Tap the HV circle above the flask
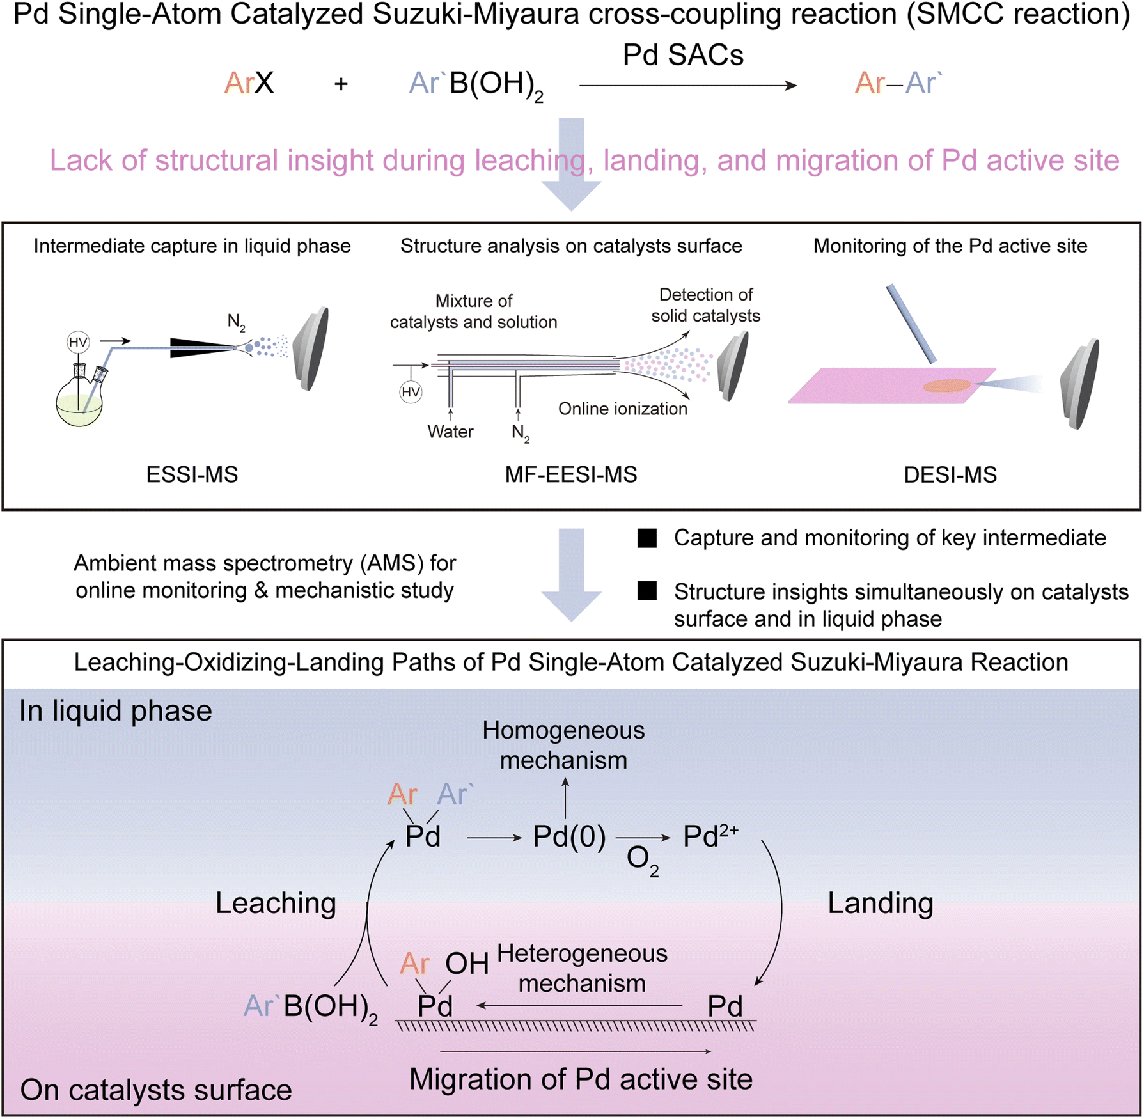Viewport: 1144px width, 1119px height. click(78, 342)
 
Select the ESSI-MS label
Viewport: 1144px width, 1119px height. click(192, 474)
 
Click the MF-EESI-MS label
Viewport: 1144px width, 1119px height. click(571, 474)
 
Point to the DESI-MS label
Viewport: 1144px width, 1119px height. click(950, 474)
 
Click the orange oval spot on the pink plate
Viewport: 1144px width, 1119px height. click(947, 386)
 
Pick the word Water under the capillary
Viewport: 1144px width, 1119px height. click(450, 432)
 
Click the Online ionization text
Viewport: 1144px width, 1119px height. click(623, 409)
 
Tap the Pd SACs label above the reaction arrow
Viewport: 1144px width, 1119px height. click(683, 55)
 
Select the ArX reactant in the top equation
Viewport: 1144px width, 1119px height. click(249, 83)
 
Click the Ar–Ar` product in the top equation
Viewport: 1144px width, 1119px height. click(898, 83)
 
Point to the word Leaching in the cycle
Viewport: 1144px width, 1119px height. click(276, 903)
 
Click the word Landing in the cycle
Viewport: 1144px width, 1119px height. click(881, 903)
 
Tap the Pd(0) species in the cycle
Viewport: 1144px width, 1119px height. click(569, 836)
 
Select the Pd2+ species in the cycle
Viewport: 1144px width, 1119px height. click(710, 836)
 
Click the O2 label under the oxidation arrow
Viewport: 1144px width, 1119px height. click(642, 859)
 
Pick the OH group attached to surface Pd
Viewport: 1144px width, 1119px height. click(467, 963)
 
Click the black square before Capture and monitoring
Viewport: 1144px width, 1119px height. click(647, 538)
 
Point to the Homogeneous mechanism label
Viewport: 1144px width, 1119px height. click(563, 745)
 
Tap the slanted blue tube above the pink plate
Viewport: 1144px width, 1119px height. click(911, 324)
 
